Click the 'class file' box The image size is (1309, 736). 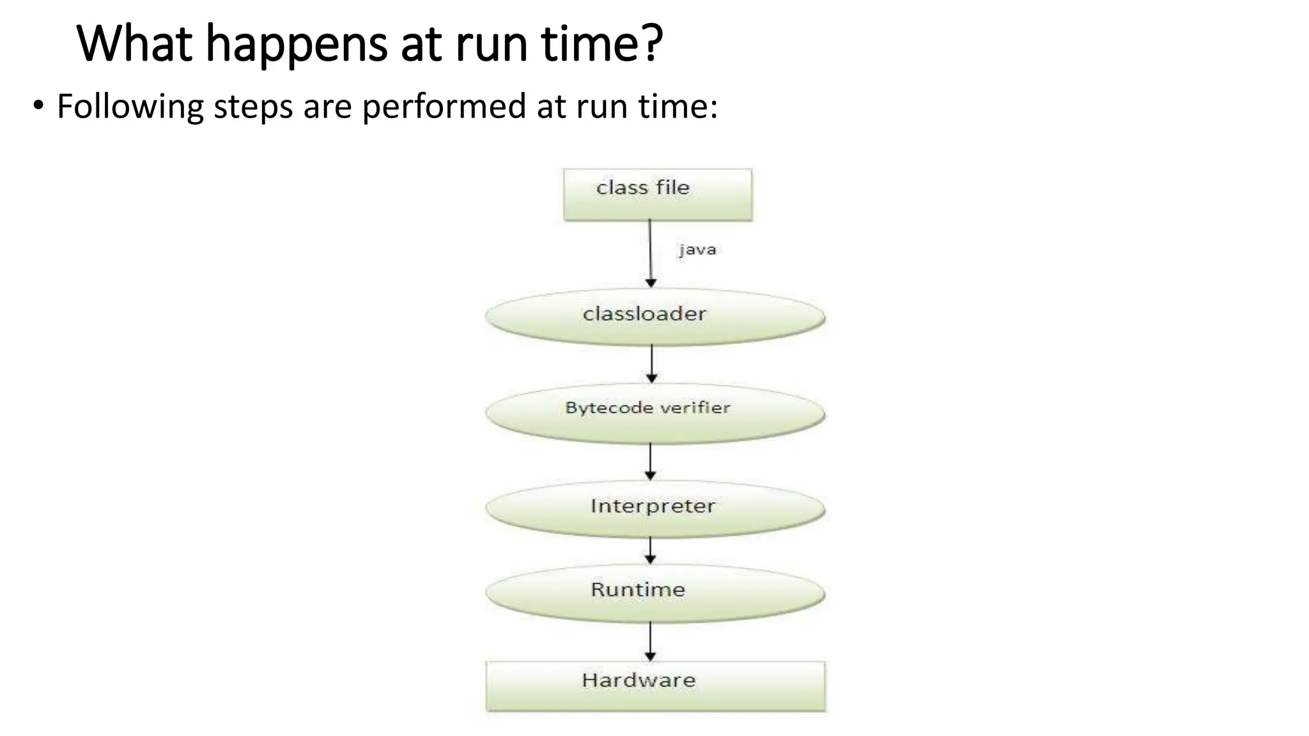click(657, 195)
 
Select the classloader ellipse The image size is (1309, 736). click(654, 317)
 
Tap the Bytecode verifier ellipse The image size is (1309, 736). click(654, 413)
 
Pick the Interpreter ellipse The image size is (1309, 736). click(654, 509)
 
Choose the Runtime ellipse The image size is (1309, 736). click(654, 593)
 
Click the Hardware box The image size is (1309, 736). click(655, 686)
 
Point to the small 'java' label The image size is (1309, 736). click(697, 249)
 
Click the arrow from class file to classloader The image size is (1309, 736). click(651, 253)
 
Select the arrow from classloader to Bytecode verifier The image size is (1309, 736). click(651, 364)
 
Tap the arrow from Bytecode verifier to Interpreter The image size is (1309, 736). click(651, 461)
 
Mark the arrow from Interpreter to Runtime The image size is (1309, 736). click(651, 550)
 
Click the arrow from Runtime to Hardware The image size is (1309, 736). click(651, 641)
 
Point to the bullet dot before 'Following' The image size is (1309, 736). click(39, 105)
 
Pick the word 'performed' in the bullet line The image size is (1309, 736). click(444, 107)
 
